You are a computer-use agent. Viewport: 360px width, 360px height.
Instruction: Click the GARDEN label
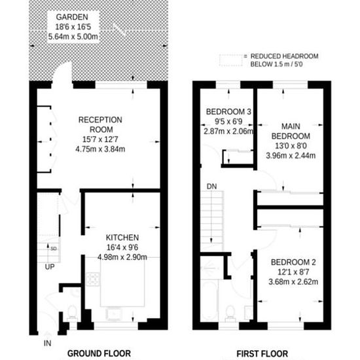pyautogui.click(x=72, y=17)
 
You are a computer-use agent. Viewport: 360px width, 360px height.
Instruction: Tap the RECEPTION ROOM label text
pyautogui.click(x=100, y=124)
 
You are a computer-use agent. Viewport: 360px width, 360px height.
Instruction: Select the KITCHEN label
pyautogui.click(x=122, y=238)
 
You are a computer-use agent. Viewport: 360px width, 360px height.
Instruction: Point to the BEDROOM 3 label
pyautogui.click(x=228, y=112)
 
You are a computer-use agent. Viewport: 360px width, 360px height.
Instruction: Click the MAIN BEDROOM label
pyautogui.click(x=291, y=131)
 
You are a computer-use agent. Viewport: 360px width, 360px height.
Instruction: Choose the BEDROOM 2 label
pyautogui.click(x=293, y=262)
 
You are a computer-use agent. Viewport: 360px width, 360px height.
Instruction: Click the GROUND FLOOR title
pyautogui.click(x=99, y=353)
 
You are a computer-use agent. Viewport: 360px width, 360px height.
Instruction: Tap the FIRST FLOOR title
pyautogui.click(x=262, y=353)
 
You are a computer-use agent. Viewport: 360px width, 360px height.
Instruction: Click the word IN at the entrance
pyautogui.click(x=47, y=343)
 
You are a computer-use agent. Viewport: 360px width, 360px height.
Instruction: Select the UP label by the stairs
pyautogui.click(x=50, y=267)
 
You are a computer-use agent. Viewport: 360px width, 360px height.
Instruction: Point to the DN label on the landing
pyautogui.click(x=211, y=187)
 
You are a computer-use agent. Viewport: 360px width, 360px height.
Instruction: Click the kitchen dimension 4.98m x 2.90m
pyautogui.click(x=122, y=257)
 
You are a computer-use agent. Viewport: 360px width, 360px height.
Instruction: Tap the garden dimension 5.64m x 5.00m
pyautogui.click(x=73, y=37)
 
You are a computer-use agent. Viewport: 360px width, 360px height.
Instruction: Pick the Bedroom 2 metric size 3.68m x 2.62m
pyautogui.click(x=293, y=281)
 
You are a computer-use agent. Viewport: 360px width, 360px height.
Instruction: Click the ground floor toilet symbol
pyautogui.click(x=72, y=313)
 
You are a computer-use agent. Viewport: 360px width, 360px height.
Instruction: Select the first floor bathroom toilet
pyautogui.click(x=230, y=314)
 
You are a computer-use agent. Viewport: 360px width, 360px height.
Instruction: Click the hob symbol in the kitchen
pyautogui.click(x=93, y=279)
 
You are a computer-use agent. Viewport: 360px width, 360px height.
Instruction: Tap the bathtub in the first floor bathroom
pyautogui.click(x=209, y=300)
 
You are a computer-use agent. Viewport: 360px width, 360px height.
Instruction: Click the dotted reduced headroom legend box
pyautogui.click(x=231, y=60)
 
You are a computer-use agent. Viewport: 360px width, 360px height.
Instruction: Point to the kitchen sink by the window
pyautogui.click(x=114, y=314)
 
